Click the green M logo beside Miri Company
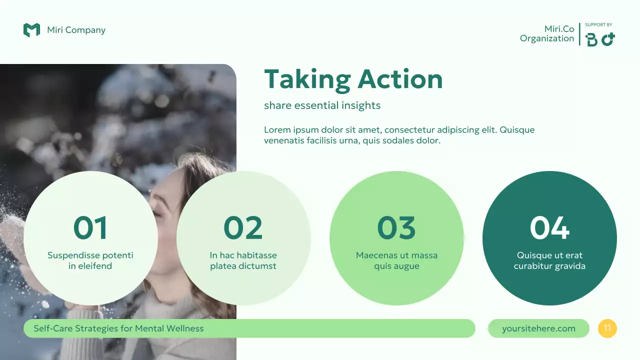31,30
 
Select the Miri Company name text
76,30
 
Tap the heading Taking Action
353,79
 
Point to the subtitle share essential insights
322,105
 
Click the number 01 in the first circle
90,227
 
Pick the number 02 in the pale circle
243,227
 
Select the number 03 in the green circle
396,227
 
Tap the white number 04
549,227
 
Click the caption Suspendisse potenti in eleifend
90,260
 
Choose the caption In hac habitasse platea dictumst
243,260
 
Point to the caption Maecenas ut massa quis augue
396,260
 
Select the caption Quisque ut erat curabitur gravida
549,260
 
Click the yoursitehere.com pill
538,328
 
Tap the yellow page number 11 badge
607,328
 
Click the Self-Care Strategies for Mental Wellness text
118,328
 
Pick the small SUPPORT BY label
598,25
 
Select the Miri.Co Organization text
547,34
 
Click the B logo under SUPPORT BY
591,40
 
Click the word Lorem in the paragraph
276,130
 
